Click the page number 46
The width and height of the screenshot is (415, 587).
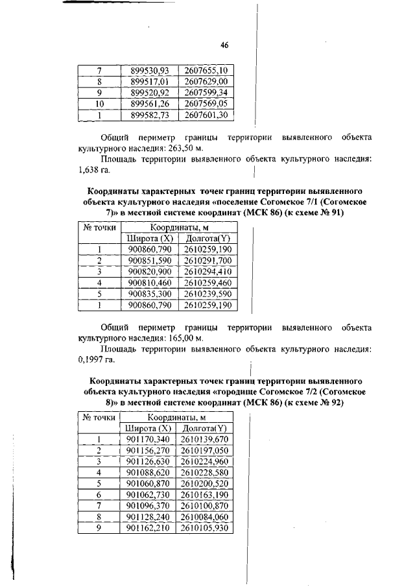pos(225,45)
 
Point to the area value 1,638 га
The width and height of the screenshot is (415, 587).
pos(94,171)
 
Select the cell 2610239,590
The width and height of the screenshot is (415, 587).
pos(208,293)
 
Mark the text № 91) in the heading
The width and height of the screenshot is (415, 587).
pos(331,212)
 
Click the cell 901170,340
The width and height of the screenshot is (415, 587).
pos(147,440)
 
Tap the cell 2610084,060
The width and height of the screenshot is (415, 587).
pos(204,517)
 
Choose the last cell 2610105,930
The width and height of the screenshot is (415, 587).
pos(204,528)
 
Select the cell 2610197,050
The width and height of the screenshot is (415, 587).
pos(204,451)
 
